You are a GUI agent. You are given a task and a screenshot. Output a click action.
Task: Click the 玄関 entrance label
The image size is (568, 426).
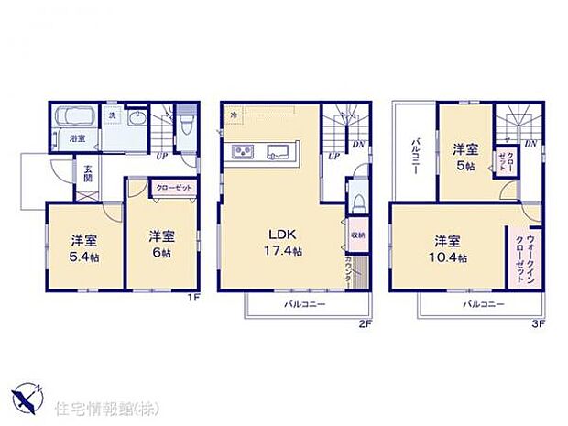(x=89, y=174)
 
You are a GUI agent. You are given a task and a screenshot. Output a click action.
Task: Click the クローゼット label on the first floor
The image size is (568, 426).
(x=174, y=188)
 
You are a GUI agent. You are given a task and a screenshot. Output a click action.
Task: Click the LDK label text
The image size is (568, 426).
(x=280, y=232)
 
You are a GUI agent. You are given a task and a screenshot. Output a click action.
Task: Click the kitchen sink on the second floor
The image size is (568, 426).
(x=279, y=152)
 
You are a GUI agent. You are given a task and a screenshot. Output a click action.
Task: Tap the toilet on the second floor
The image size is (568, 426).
(x=355, y=203)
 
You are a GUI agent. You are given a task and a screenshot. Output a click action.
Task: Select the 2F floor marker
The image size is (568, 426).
(x=365, y=323)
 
